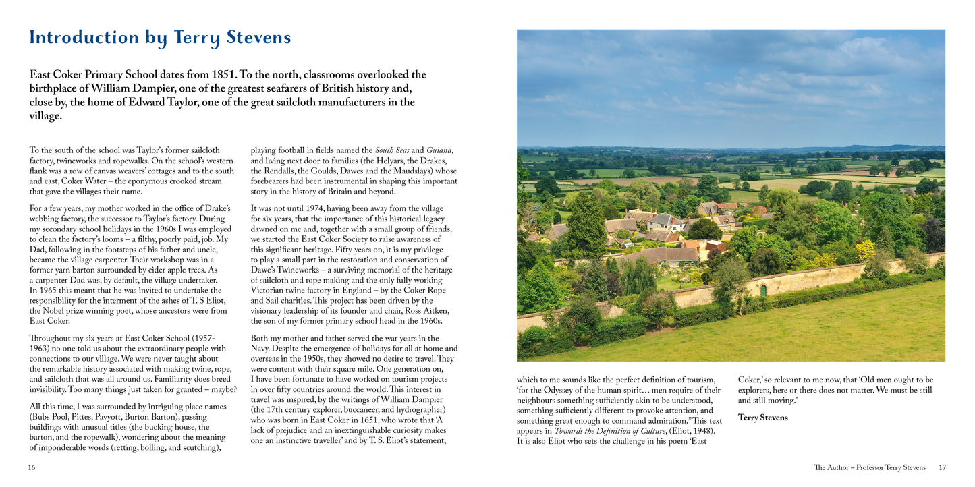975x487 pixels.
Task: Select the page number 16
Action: point(32,467)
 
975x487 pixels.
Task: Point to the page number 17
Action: point(943,467)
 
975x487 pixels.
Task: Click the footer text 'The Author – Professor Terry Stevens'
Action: point(870,467)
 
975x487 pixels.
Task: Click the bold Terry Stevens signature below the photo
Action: point(762,418)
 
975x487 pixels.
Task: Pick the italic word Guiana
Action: point(439,150)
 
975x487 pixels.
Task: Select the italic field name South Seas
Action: point(392,150)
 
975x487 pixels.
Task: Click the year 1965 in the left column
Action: point(45,290)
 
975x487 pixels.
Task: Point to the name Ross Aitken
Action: point(426,310)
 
